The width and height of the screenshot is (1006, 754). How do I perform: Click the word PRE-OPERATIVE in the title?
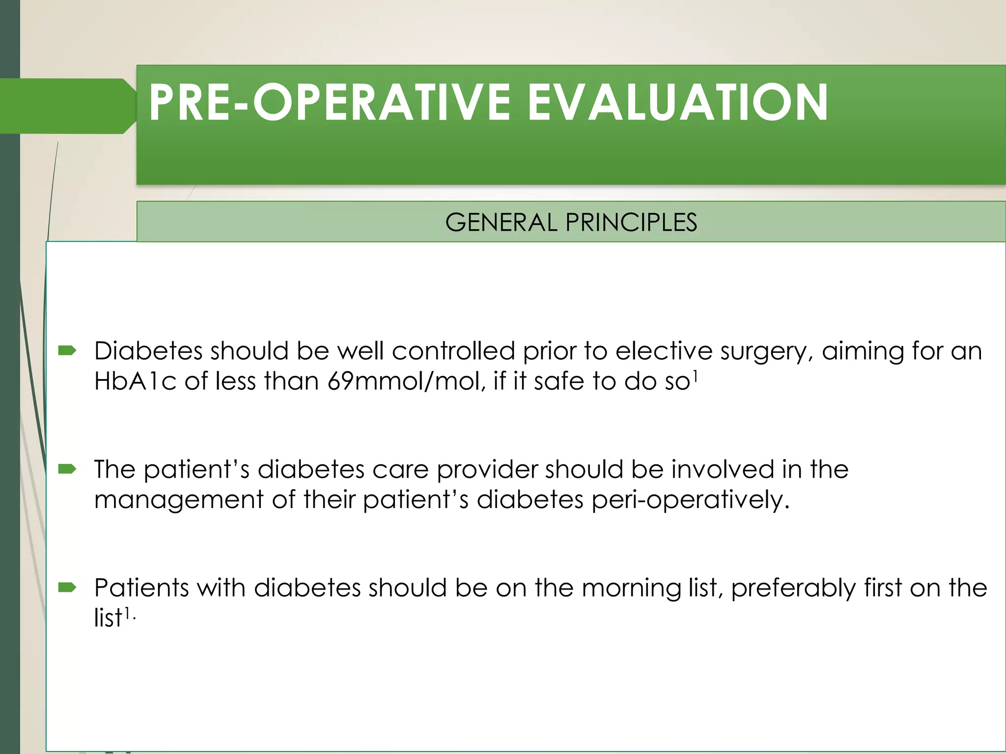[329, 102]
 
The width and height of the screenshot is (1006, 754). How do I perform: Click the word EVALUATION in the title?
[678, 102]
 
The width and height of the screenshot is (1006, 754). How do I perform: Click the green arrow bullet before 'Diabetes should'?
[67, 350]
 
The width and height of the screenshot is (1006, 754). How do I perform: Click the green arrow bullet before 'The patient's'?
[67, 469]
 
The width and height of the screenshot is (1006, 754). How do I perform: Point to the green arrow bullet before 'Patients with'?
[67, 587]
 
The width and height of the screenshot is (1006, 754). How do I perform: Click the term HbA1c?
[135, 381]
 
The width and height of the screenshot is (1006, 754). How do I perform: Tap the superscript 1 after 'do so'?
[695, 376]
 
